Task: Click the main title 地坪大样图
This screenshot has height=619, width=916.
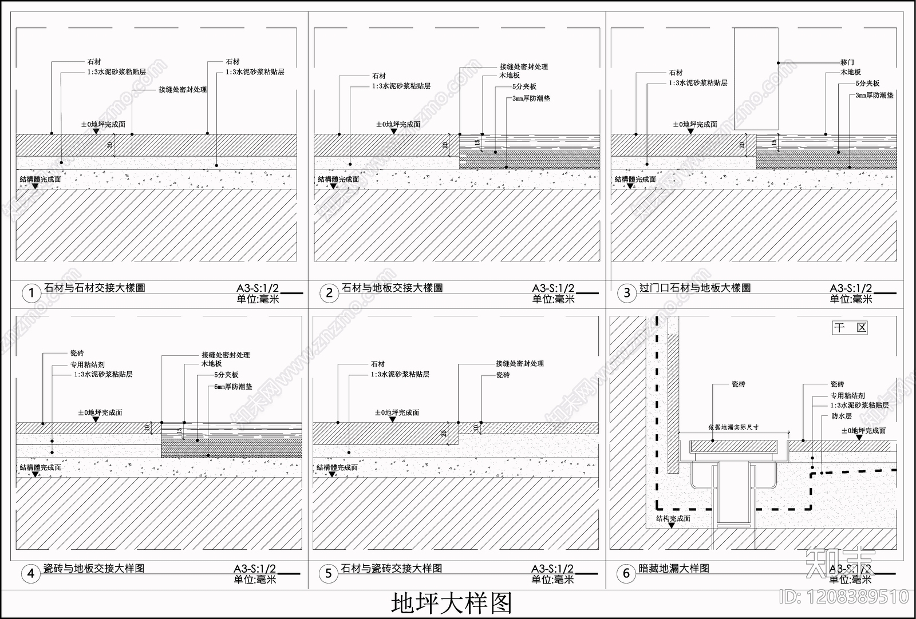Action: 451,603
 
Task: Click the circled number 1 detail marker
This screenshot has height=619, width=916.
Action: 31,293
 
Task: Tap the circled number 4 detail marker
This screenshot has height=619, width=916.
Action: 31,573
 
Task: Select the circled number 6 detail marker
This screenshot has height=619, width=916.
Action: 626,573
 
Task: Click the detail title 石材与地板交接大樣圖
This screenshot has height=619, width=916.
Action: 392,288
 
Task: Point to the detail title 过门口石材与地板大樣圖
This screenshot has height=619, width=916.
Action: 695,288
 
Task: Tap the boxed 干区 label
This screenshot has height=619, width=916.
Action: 850,328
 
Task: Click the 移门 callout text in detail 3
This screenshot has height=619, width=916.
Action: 847,62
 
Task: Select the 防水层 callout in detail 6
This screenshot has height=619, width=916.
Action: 841,416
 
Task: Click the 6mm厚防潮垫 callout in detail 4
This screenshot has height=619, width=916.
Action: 232,387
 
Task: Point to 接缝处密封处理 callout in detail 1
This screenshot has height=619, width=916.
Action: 183,90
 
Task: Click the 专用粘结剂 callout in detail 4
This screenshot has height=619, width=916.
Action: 88,364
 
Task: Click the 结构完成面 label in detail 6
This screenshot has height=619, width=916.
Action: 673,518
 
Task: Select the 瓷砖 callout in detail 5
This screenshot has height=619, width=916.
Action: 503,375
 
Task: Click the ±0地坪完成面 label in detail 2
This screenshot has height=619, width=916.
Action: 398,124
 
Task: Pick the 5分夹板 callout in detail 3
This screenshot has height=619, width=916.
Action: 867,84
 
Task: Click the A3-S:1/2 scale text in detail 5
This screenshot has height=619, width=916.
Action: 552,569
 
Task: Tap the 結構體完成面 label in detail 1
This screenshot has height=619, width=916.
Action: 40,179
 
